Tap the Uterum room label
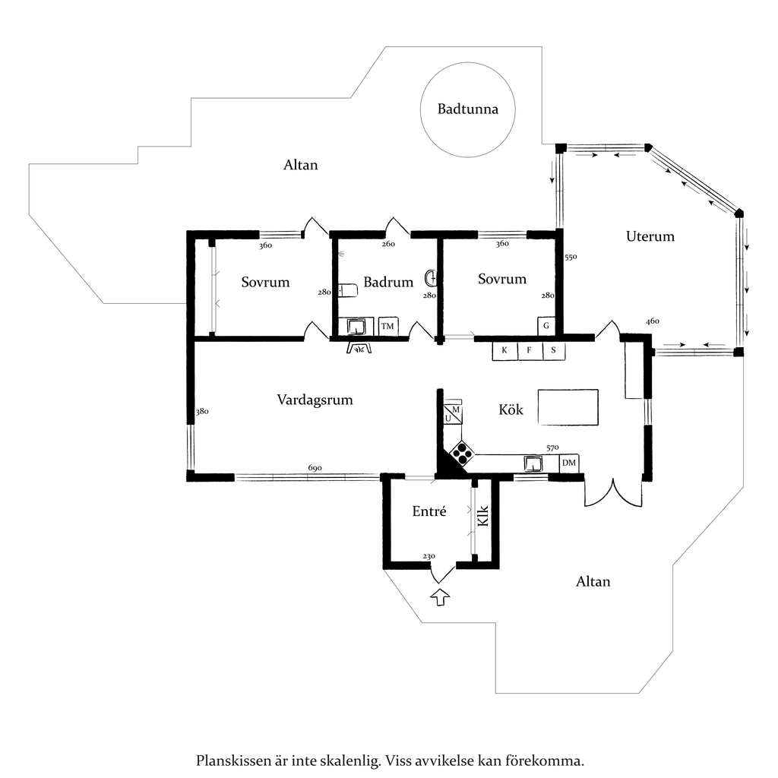tap(650, 236)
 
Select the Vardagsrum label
tap(315, 400)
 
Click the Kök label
tap(511, 410)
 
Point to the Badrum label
tap(388, 282)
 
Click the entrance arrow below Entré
tap(440, 597)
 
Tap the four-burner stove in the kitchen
tap(462, 454)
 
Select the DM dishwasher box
tap(568, 463)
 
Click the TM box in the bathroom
tap(387, 326)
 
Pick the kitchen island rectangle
tap(568, 407)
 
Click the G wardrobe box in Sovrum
tap(546, 326)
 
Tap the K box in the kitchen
tap(504, 350)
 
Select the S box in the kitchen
tap(554, 350)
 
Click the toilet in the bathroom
tap(348, 290)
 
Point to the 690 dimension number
tap(315, 468)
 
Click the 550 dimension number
tap(571, 257)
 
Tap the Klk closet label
tap(482, 516)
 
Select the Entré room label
tap(429, 511)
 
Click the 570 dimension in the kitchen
tap(552, 448)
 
